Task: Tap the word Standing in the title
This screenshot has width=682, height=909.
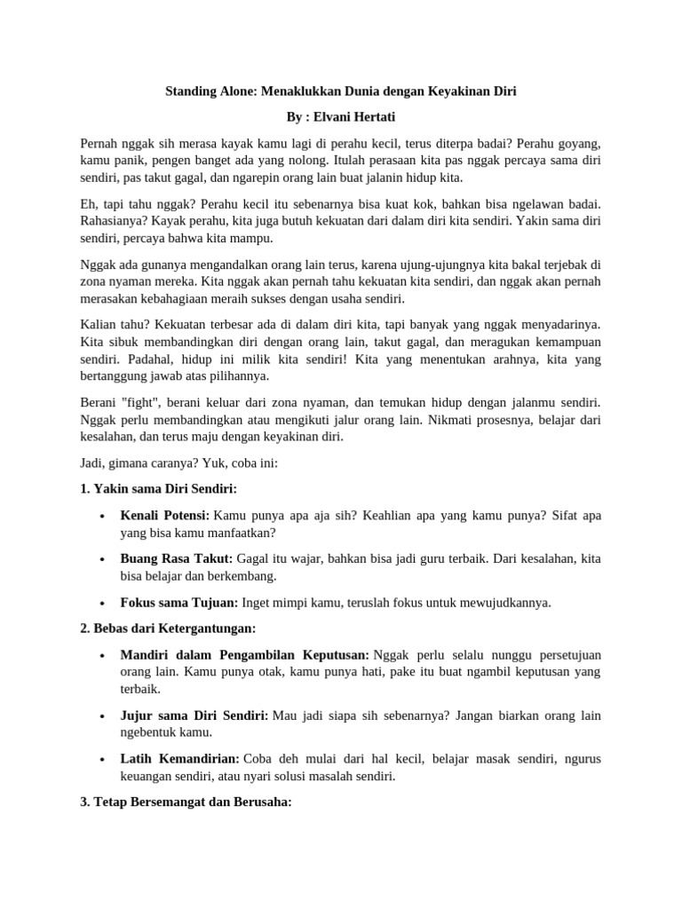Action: (x=193, y=91)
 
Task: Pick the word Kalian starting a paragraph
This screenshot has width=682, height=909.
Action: (x=99, y=325)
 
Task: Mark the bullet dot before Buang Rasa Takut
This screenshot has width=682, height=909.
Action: (x=104, y=559)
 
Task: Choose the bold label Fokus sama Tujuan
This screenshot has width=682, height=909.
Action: (x=179, y=602)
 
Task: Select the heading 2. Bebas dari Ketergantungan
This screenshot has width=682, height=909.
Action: (x=168, y=628)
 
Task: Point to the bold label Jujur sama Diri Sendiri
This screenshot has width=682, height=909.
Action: (x=194, y=715)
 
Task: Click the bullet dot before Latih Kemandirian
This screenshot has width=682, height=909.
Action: (x=104, y=759)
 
